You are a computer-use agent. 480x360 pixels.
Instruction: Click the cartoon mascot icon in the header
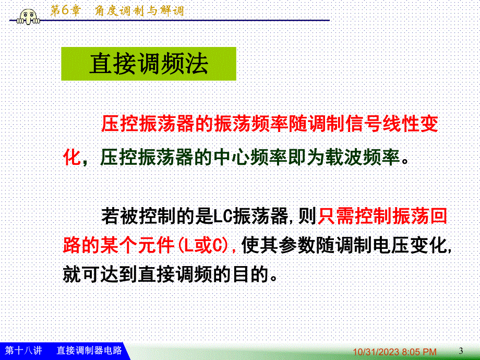(28, 17)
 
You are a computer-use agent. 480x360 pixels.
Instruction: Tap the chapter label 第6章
(65, 11)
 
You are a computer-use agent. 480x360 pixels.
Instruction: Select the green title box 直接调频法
(149, 64)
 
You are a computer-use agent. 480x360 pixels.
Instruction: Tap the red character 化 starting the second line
(72, 158)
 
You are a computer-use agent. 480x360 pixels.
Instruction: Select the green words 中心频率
(250, 158)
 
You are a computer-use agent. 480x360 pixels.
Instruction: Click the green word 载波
(343, 158)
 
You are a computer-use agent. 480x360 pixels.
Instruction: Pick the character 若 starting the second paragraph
(110, 216)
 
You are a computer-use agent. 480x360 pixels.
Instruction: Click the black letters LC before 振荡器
(223, 216)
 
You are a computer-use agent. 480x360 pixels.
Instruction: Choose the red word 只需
(336, 216)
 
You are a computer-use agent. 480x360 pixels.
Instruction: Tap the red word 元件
(156, 245)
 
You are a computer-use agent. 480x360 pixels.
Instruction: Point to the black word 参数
(297, 245)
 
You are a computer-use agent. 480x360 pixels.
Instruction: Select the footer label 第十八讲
(23, 350)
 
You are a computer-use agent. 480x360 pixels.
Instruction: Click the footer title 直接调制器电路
(89, 350)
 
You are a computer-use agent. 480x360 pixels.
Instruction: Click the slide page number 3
(461, 351)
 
